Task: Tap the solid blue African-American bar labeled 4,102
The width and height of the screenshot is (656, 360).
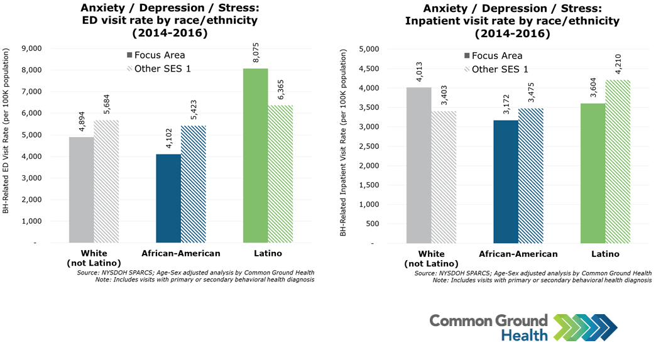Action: click(x=168, y=198)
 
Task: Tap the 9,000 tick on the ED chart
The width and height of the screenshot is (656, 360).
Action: click(x=31, y=48)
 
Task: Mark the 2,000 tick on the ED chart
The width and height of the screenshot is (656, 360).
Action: click(x=31, y=200)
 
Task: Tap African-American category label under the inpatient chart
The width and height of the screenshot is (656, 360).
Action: click(x=518, y=254)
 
